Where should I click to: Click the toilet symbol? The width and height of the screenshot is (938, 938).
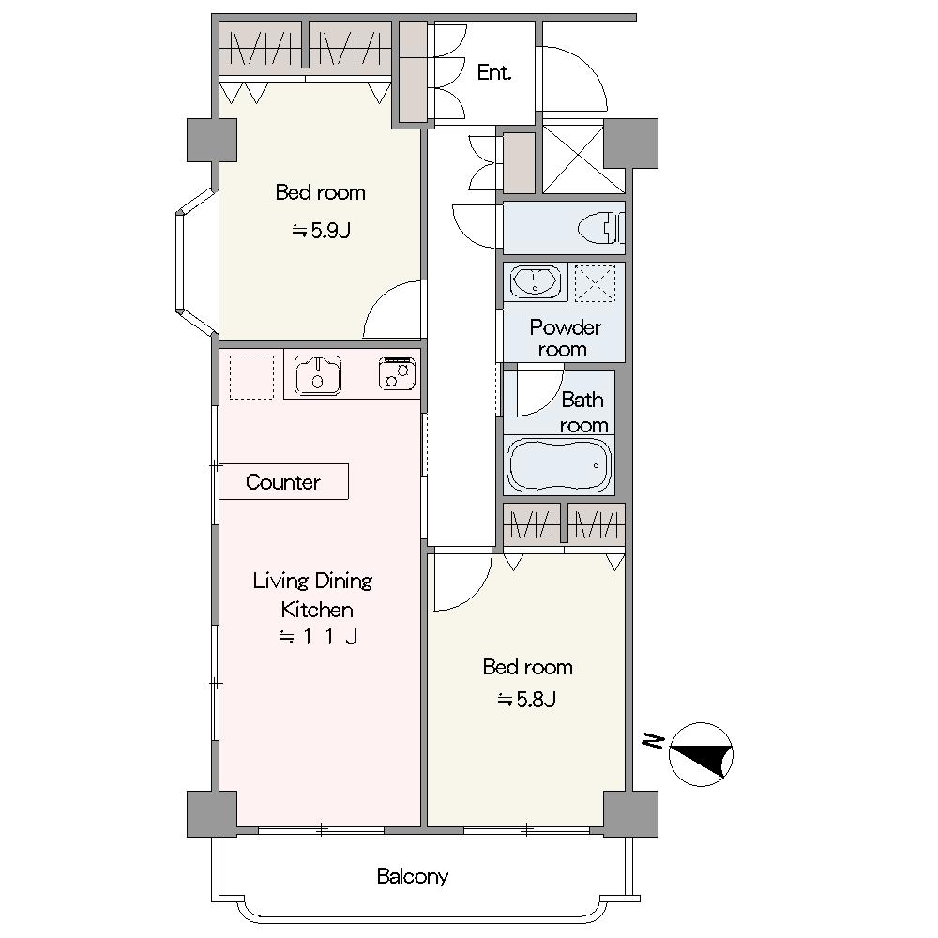pos(600,228)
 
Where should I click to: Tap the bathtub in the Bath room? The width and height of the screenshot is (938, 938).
pos(558,465)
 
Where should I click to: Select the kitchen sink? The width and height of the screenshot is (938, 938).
pos(318,376)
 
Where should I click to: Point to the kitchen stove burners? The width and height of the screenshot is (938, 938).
pos(397,374)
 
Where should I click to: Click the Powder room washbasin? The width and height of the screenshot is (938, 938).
pos(536,281)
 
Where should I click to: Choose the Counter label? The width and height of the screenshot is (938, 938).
pos(283,482)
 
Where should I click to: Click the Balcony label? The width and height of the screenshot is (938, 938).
pos(413,876)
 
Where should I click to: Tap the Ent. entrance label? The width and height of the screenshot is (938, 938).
pos(494,72)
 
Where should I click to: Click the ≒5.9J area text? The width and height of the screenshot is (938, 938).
pos(321,231)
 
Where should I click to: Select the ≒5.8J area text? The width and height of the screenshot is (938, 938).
pos(527,699)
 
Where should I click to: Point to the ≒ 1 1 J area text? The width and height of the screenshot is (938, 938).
pos(318,637)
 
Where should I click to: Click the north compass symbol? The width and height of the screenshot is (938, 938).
pos(701,754)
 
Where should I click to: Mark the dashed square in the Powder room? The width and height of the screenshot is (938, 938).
pos(595,283)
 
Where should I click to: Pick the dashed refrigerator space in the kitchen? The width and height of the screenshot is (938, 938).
pos(251,377)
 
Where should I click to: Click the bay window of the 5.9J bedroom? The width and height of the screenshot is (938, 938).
pos(196,262)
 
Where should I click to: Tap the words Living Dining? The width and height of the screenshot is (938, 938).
pos(312,581)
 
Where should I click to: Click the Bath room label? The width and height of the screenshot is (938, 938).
pos(583,412)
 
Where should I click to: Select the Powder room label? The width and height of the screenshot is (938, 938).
pos(565,338)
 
